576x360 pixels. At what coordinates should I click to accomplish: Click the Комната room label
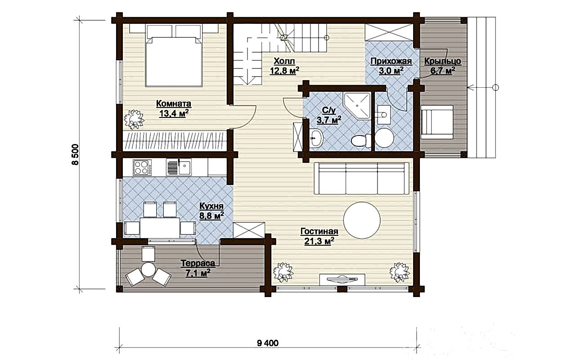click(x=174, y=104)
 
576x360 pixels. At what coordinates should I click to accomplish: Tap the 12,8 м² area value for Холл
click(x=284, y=71)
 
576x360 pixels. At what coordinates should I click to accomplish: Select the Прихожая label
click(x=391, y=62)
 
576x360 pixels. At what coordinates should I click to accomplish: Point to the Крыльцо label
click(x=442, y=62)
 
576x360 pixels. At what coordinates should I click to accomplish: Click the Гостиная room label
click(x=319, y=231)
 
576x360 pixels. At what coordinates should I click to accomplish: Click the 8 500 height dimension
click(x=76, y=154)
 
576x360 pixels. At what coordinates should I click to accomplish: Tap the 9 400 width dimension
click(x=267, y=343)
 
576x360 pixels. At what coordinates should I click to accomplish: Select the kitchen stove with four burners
click(x=142, y=167)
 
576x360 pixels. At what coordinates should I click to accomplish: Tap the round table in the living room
click(x=362, y=220)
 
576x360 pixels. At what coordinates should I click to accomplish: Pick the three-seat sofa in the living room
click(x=361, y=178)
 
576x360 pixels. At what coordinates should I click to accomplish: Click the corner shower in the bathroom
click(x=357, y=106)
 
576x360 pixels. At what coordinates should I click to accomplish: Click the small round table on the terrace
click(x=148, y=269)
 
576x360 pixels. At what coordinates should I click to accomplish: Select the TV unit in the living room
click(x=342, y=279)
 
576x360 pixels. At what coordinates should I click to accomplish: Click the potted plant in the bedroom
click(x=134, y=120)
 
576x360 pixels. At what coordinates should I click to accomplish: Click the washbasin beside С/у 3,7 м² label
click(x=316, y=138)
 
